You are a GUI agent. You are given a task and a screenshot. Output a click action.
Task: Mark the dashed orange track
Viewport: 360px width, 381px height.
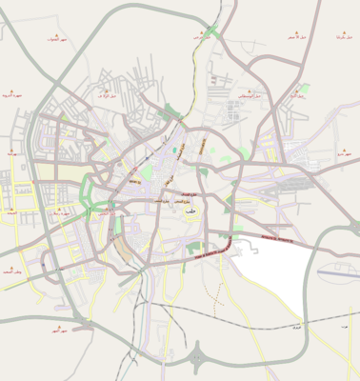tap(192, 76)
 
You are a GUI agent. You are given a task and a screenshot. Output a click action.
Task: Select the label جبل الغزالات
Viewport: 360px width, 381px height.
tap(55, 41)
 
